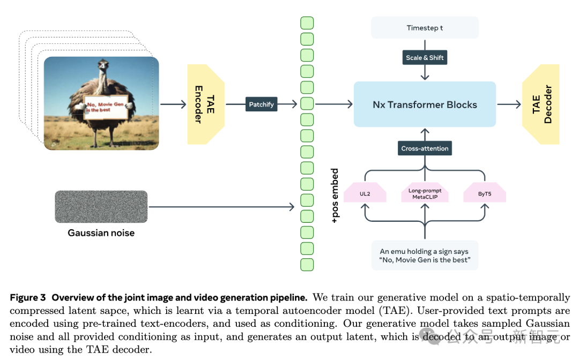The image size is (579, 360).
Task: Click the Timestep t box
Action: coord(425,28)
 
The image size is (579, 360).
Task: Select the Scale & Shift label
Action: coord(425,57)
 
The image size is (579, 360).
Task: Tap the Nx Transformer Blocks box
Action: coord(425,104)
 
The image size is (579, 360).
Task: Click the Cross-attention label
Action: coord(425,148)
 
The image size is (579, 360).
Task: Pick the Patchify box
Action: coord(262,104)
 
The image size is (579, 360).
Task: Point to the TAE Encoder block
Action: coord(206,104)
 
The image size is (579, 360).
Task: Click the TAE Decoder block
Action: coord(541,104)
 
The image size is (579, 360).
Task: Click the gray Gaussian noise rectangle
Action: coord(101,207)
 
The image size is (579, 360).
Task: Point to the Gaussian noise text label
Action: coord(101,233)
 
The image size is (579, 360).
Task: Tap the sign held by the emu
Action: coord(106,107)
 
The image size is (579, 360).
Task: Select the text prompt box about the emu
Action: coord(425,255)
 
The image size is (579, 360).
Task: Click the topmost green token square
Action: coord(307,23)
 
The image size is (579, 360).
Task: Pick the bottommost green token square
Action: coord(307,265)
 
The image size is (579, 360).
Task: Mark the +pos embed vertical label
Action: coord(335,196)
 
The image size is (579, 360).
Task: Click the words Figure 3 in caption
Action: coord(28,298)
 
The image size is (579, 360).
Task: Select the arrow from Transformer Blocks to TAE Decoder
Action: coord(509,104)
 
